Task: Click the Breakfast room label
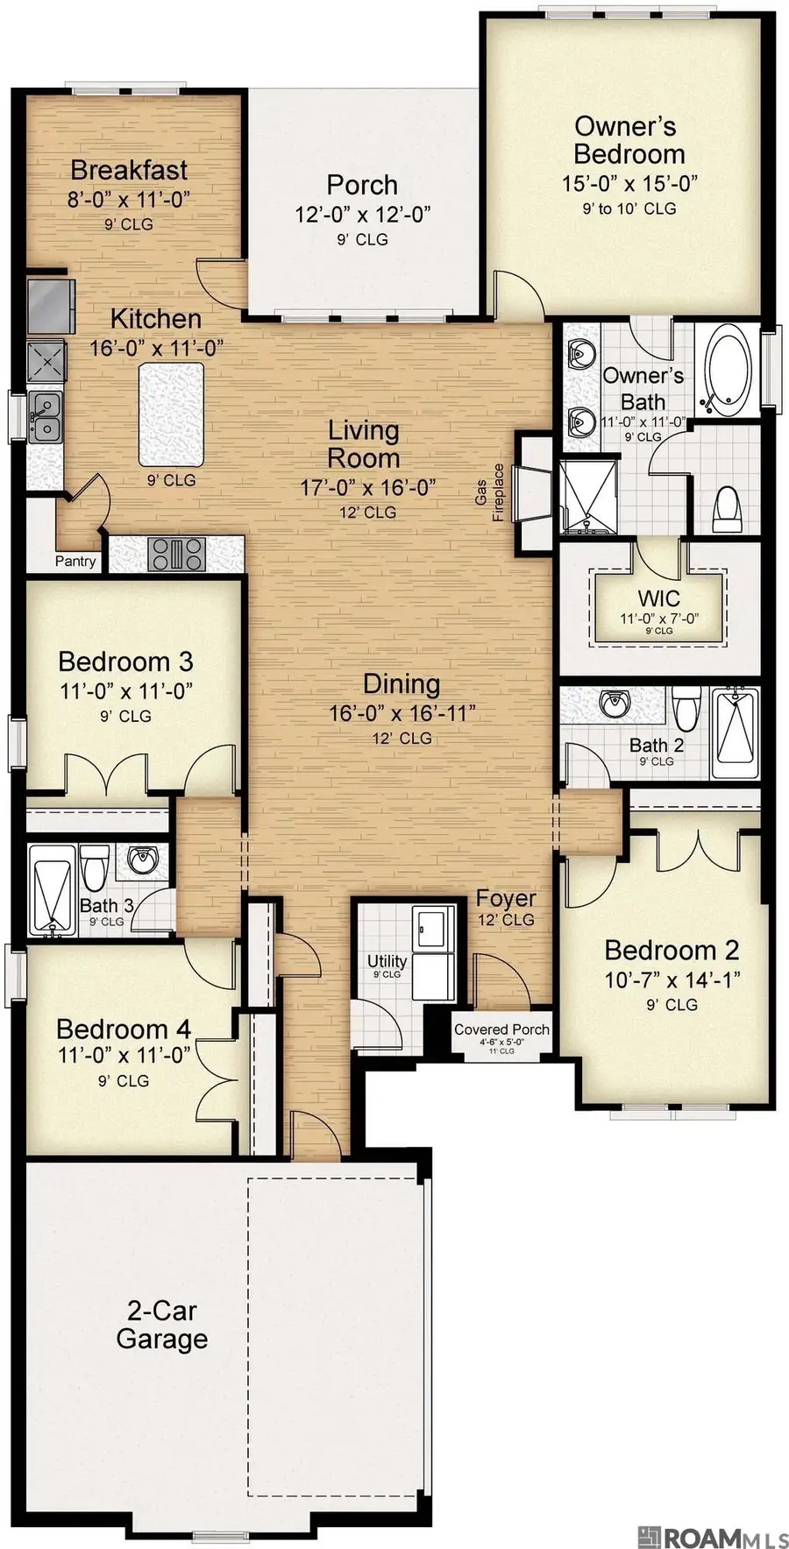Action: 129,170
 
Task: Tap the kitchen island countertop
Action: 171,415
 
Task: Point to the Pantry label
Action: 75,561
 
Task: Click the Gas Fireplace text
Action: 489,492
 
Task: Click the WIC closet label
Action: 658,600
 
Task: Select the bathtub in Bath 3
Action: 51,889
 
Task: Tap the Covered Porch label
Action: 501,1030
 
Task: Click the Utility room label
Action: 387,962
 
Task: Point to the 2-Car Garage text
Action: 161,1325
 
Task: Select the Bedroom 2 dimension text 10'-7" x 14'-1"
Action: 672,980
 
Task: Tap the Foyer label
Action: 506,899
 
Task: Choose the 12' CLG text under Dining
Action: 402,739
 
